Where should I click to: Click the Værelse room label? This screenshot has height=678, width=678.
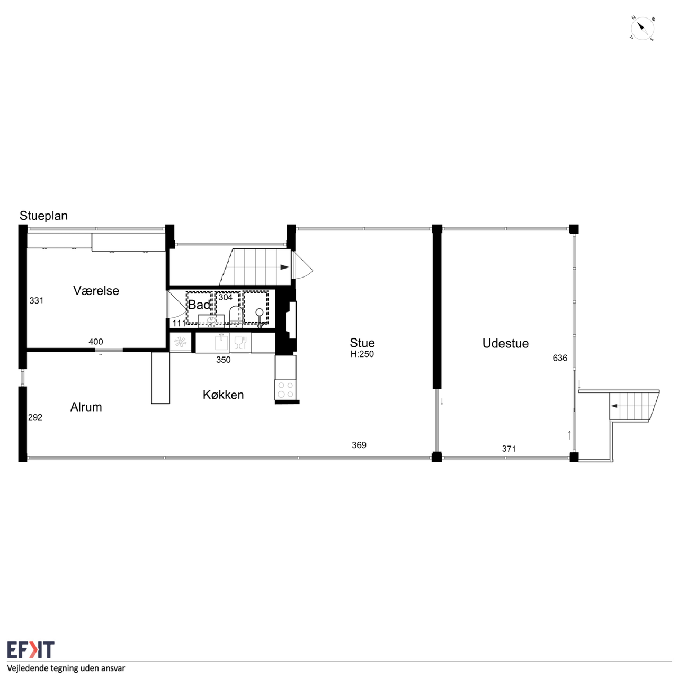[x=96, y=291]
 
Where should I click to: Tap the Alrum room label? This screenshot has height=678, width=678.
[x=86, y=407]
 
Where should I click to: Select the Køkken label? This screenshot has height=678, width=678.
[x=224, y=395]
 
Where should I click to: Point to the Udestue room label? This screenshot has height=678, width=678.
[x=505, y=343]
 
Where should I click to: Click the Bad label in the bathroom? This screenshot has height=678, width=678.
[x=199, y=305]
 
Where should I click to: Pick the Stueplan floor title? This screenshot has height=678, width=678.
[x=43, y=216]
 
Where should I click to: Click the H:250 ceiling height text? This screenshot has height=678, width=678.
[x=362, y=354]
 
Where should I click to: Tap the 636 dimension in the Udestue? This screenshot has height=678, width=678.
[x=560, y=358]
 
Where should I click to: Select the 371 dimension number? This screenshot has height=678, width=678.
[x=508, y=449]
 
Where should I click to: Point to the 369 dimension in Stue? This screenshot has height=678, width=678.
[x=359, y=445]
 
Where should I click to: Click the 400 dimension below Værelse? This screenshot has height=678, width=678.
[x=96, y=342]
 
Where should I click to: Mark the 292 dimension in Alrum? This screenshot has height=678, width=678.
[x=35, y=417]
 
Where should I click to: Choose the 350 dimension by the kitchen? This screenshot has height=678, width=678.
[x=224, y=360]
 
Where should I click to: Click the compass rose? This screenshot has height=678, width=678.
[x=643, y=28]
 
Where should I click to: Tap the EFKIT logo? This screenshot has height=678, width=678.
[x=31, y=649]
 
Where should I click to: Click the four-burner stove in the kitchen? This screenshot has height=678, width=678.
[x=286, y=390]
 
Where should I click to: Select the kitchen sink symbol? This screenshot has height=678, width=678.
[x=221, y=342]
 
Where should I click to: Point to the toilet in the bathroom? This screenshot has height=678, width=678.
[x=236, y=315]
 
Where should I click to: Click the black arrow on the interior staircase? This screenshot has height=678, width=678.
[x=284, y=267]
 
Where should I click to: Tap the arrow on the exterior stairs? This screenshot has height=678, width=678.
[x=614, y=406]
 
